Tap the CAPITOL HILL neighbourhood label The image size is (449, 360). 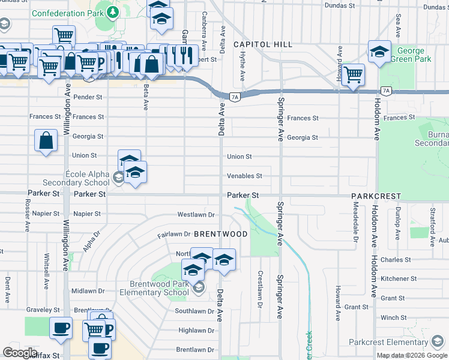click(263, 44)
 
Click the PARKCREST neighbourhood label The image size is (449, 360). click(376, 196)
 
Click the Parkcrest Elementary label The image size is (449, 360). click(399, 343)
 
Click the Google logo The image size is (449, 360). click(20, 352)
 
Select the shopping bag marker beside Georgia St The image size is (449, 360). click(46, 141)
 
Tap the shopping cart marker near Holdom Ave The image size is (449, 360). click(354, 74)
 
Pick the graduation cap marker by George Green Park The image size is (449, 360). click(379, 52)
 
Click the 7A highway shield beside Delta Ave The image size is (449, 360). click(235, 96)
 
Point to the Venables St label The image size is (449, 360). click(244, 176)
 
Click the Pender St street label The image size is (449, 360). click(88, 97)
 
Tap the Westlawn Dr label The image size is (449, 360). click(196, 214)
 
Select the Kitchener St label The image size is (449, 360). click(394, 278)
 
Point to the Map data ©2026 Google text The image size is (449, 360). click(412, 355)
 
